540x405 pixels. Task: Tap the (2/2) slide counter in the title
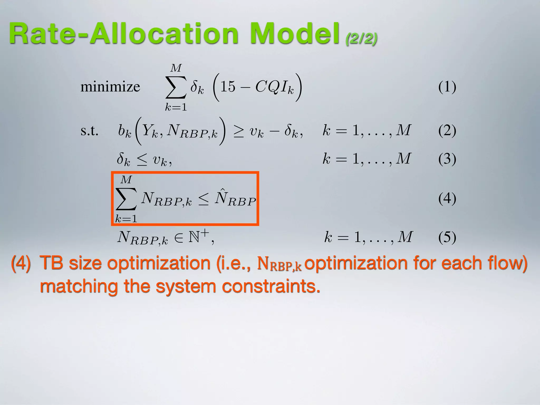[361, 39]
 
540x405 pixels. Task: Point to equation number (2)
[447, 131]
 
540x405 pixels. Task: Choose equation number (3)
[447, 159]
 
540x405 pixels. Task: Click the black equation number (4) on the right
[447, 198]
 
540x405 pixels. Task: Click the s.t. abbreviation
[89, 131]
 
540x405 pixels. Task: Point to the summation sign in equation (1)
[176, 87]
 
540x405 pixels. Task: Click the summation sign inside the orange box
[126, 199]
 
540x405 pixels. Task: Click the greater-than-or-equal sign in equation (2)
[239, 131]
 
